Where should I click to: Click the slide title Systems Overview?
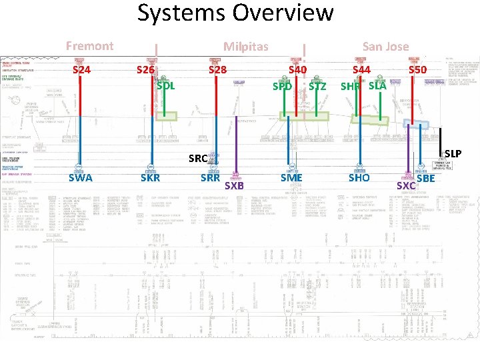(x=235, y=13)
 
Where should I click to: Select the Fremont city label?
(x=89, y=46)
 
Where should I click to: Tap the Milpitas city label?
(x=245, y=47)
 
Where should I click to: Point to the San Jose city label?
(x=385, y=46)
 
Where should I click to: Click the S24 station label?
(x=81, y=69)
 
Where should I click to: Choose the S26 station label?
(x=145, y=69)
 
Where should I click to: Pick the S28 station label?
(x=217, y=69)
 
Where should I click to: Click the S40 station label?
(x=297, y=69)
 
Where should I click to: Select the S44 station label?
(x=361, y=69)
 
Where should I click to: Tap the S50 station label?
(x=417, y=69)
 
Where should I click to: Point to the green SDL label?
(x=165, y=85)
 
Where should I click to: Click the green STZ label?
(x=317, y=87)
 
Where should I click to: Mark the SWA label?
(x=81, y=178)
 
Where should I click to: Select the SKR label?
(x=150, y=178)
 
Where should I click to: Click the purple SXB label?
(x=234, y=185)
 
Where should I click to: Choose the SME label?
(x=291, y=178)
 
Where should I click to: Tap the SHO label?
(x=359, y=178)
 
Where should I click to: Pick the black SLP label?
(x=453, y=154)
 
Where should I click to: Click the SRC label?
(x=198, y=159)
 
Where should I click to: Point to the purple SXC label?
(x=406, y=185)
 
